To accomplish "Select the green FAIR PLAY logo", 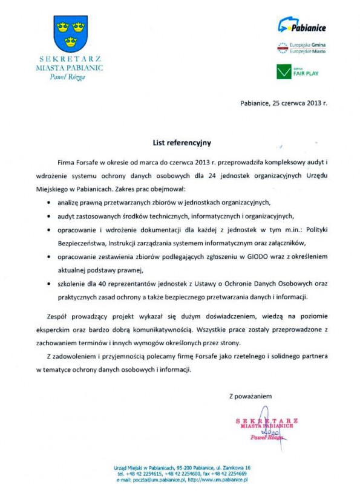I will (x=297, y=71).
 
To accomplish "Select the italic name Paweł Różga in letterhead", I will (x=71, y=77).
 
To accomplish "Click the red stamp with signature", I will (x=266, y=428).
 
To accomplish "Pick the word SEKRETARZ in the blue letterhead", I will (x=70, y=59).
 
